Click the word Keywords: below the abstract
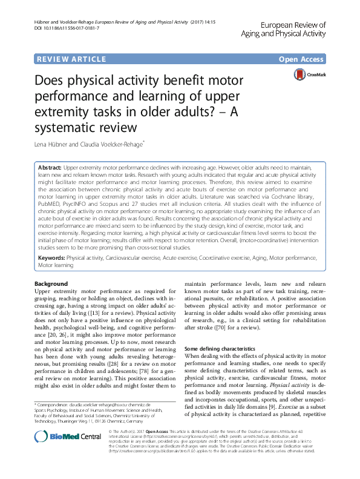(x=51, y=257)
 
